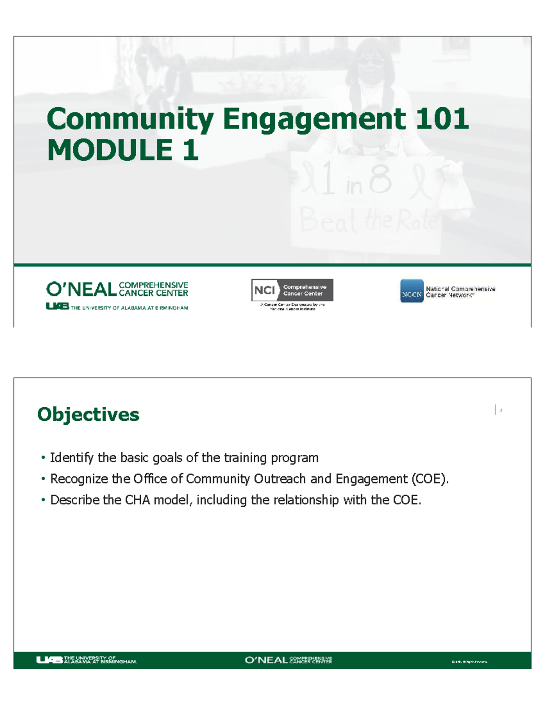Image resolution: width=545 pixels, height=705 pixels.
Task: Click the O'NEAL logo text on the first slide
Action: (81, 289)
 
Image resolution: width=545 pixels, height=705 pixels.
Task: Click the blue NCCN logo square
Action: (411, 291)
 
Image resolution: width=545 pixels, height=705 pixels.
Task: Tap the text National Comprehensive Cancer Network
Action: (460, 291)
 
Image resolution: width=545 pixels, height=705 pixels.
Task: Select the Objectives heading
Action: (88, 414)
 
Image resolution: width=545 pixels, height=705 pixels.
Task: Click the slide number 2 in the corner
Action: (501, 410)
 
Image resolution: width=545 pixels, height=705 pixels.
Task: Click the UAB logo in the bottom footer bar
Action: (49, 660)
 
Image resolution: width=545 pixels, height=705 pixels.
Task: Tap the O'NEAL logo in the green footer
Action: (266, 660)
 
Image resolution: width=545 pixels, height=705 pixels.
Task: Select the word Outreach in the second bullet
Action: (280, 479)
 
